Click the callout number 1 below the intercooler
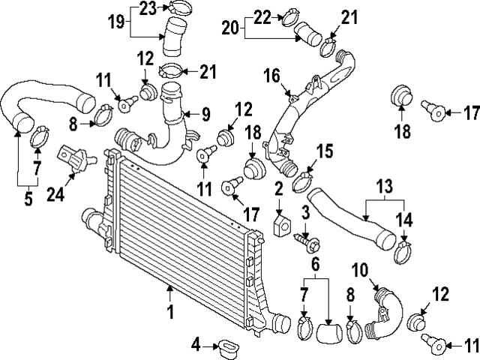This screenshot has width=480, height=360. pos(170,312)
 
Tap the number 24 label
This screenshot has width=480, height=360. pos(55,194)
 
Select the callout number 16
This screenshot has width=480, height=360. pos(271,76)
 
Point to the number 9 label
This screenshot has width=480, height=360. pos(205,115)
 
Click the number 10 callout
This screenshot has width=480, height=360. pos(360,271)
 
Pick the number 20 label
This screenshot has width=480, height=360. pos(230,28)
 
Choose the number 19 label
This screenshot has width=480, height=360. pos(116,22)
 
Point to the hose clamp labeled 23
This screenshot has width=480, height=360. pos(178,7)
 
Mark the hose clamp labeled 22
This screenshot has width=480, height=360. pos(290,19)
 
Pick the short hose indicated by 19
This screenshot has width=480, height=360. pos(174,37)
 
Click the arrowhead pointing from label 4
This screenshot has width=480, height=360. pos(216,346)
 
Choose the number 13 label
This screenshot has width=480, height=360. pos(385,187)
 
